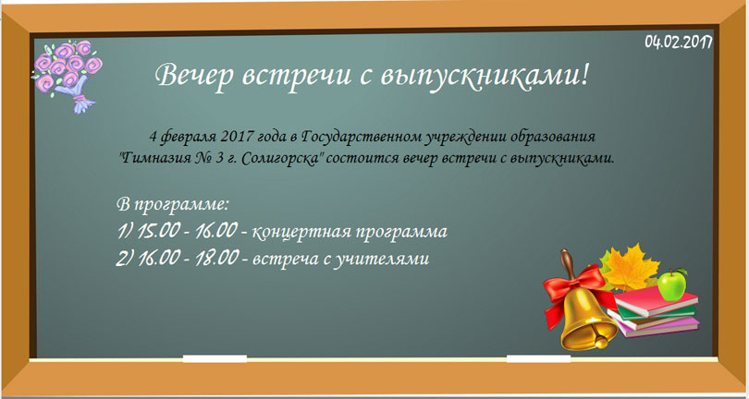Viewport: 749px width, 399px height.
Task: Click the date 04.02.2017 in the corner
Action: pyautogui.click(x=677, y=41)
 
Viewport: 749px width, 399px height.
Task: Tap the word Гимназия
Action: pyautogui.click(x=154, y=158)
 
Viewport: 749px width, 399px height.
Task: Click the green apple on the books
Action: pyautogui.click(x=672, y=284)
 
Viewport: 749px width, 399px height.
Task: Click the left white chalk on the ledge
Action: pyautogui.click(x=215, y=357)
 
